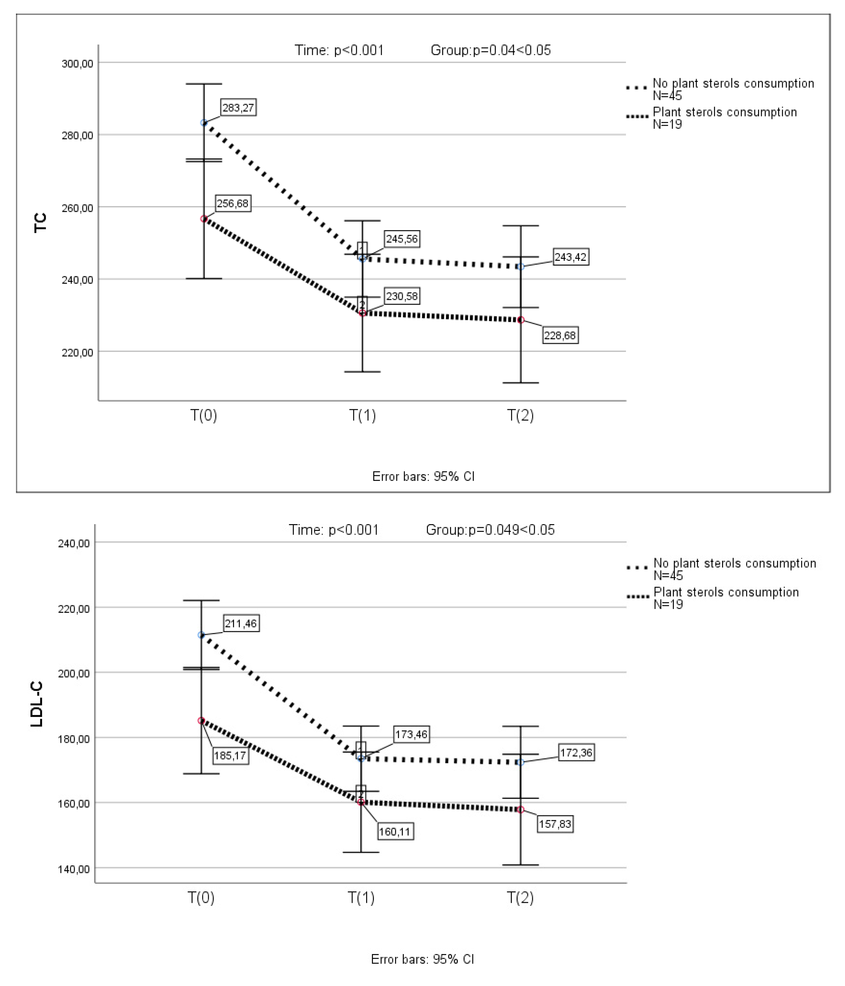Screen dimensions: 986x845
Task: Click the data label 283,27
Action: tap(237, 108)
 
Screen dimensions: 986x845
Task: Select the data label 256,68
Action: tap(232, 204)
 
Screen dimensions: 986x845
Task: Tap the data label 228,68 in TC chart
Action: tap(560, 336)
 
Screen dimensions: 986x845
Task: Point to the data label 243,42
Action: tap(571, 257)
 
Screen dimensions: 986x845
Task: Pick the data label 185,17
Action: tap(230, 756)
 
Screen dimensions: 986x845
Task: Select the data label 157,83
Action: tap(555, 824)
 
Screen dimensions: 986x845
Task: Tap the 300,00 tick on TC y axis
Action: tap(77, 63)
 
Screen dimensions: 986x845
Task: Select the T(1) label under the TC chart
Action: tap(362, 415)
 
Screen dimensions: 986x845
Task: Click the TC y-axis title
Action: tap(41, 223)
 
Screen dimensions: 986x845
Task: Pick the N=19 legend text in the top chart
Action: tap(667, 125)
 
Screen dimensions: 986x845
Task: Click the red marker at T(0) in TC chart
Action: tap(204, 219)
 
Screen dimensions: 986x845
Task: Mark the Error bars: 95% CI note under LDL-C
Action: tap(422, 959)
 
